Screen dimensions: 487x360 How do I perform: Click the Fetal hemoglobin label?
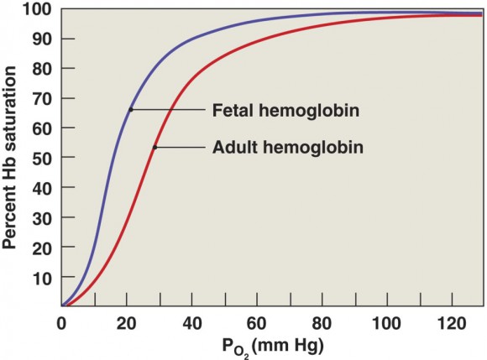[285, 111]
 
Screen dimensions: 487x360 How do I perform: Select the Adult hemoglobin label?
[288, 147]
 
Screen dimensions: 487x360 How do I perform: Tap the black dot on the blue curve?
[131, 110]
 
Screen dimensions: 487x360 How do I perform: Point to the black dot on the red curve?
[155, 147]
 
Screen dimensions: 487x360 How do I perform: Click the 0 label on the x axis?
[61, 323]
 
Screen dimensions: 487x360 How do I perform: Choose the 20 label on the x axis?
[127, 323]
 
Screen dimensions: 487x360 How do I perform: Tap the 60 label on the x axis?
[257, 323]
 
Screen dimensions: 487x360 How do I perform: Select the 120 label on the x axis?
[452, 323]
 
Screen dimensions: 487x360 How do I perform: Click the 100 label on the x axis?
[387, 323]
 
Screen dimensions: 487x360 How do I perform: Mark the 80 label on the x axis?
[322, 323]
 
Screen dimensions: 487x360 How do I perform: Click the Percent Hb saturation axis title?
[9, 158]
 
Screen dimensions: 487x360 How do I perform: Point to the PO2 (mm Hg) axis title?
[273, 347]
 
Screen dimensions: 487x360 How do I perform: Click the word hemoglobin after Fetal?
[309, 111]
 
